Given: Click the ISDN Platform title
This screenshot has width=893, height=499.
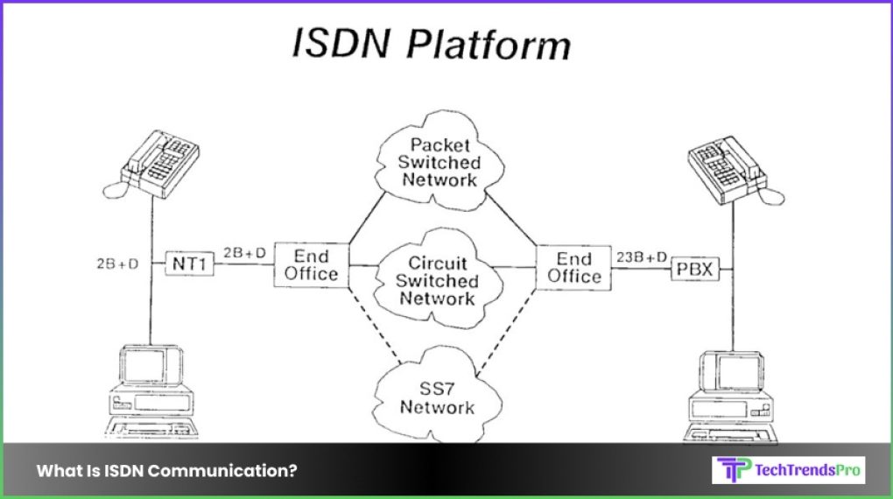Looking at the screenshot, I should pos(431,44).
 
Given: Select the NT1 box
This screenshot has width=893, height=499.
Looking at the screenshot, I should pos(190,262).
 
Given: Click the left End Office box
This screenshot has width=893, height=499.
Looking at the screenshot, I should pos(311,265).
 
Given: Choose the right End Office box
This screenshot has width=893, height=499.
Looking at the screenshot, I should pos(574,268).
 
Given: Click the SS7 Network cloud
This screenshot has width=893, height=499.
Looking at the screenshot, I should pos(438,397).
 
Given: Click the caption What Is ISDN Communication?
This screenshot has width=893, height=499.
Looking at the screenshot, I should pos(166,470).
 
